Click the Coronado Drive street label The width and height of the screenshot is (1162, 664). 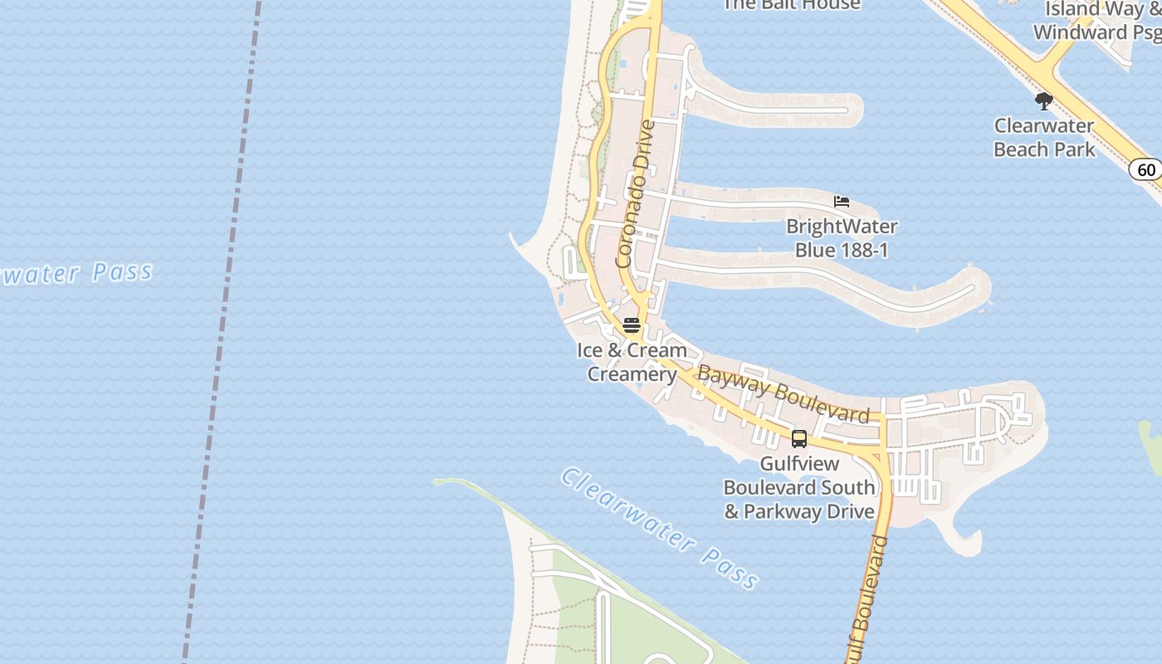pyautogui.click(x=637, y=194)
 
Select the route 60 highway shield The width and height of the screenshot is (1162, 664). pyautogui.click(x=1145, y=169)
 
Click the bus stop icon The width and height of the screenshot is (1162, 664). pyautogui.click(x=799, y=439)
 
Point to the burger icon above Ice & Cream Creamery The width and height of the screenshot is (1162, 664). pyautogui.click(x=632, y=325)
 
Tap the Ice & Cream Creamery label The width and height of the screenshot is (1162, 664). pyautogui.click(x=632, y=362)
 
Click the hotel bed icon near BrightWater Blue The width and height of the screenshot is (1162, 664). pyautogui.click(x=842, y=202)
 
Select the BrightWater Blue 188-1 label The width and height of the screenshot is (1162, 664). pyautogui.click(x=842, y=237)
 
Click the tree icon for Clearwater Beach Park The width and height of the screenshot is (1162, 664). pyautogui.click(x=1043, y=101)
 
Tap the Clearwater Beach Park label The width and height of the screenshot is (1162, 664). pyautogui.click(x=1044, y=138)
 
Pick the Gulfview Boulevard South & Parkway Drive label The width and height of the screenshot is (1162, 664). pyautogui.click(x=799, y=487)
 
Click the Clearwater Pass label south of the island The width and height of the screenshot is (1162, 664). pyautogui.click(x=660, y=528)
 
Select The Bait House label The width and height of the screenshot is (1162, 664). pyautogui.click(x=791, y=5)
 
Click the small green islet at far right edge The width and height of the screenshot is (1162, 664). pyautogui.click(x=1151, y=445)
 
